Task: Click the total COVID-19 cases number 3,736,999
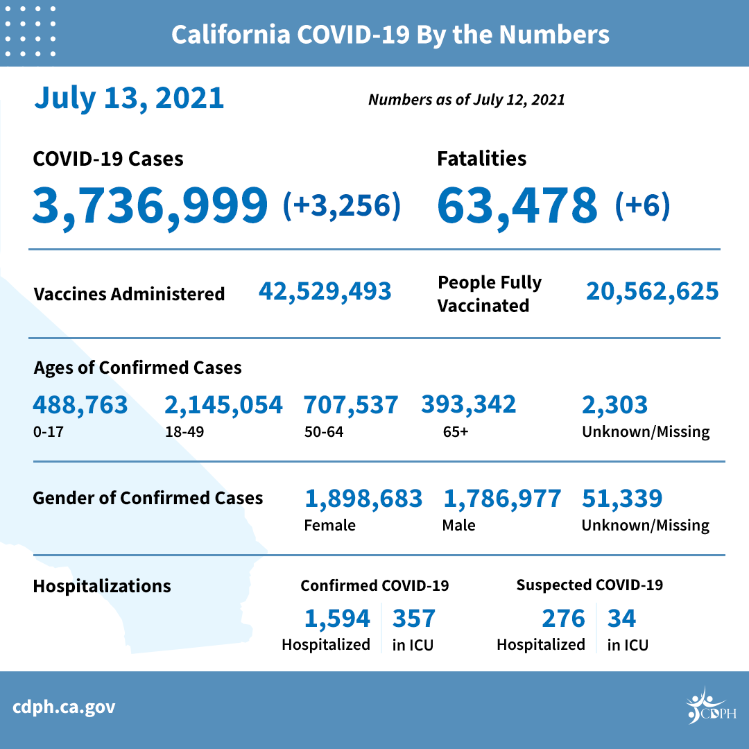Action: click(150, 205)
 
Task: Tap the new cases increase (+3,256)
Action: click(342, 205)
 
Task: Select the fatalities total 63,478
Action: click(517, 205)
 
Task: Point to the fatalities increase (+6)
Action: click(642, 205)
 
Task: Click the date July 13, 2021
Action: click(129, 98)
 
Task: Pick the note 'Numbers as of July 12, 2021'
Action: click(466, 99)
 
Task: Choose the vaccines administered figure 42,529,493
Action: click(325, 291)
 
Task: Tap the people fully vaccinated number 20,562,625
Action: click(652, 291)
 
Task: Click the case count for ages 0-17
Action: click(80, 404)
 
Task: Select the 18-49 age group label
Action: click(184, 431)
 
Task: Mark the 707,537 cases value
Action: click(351, 404)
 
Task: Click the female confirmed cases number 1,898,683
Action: click(363, 498)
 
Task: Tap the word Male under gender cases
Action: click(458, 525)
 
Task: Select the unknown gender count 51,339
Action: click(622, 498)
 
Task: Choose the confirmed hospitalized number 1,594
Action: click(337, 618)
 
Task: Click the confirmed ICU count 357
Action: click(414, 618)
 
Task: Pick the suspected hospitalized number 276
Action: click(562, 618)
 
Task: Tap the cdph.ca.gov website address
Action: click(64, 707)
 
